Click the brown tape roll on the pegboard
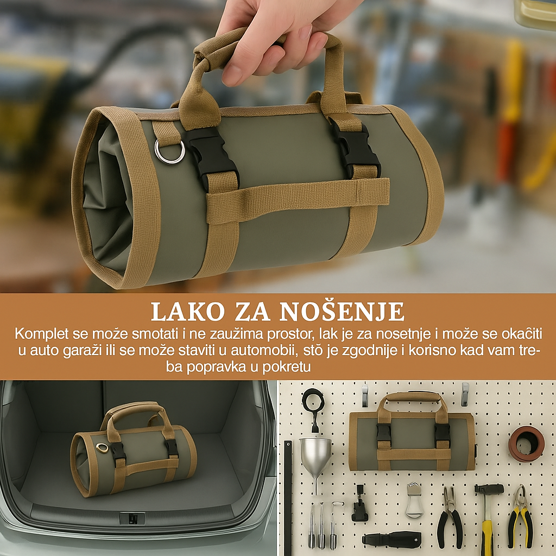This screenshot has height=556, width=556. [526, 443]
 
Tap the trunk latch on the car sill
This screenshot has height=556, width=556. [132, 518]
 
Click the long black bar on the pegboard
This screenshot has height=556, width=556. [287, 497]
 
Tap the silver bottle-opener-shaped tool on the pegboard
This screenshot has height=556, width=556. [414, 500]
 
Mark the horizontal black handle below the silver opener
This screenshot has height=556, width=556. [391, 539]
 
